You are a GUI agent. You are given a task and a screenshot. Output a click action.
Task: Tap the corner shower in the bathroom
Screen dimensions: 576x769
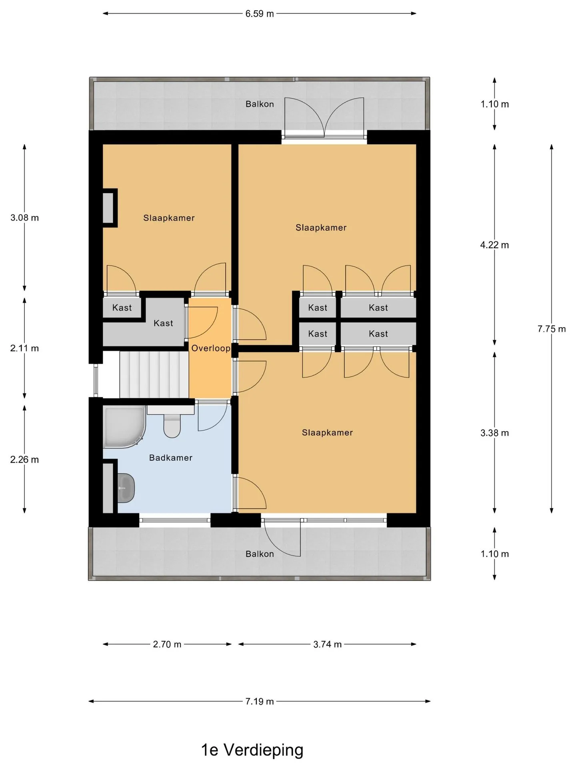tap(124, 427)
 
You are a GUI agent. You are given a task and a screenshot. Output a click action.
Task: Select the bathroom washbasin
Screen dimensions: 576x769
tap(126, 488)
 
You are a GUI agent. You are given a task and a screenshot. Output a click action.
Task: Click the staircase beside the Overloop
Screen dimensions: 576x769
tap(154, 374)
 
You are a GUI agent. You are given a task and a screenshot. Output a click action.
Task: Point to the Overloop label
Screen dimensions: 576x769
tap(211, 348)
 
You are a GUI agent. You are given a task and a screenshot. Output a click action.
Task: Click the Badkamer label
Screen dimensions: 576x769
tap(171, 458)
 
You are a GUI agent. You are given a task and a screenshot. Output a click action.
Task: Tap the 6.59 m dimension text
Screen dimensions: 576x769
tap(260, 14)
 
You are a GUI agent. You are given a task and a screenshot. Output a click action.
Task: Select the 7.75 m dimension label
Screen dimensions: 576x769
tap(552, 329)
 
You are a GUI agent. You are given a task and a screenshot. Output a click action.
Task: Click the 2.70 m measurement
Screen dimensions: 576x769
tap(167, 644)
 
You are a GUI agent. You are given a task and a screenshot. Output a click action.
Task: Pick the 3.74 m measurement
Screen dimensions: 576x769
tap(327, 644)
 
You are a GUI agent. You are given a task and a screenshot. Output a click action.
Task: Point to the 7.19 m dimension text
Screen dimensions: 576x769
tap(260, 701)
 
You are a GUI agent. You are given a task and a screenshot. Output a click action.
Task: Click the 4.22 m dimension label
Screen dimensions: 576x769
tap(494, 245)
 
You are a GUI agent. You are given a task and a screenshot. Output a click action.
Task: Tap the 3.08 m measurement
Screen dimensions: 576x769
tap(24, 218)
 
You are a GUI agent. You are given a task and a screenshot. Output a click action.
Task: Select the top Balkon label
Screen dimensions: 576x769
tap(260, 104)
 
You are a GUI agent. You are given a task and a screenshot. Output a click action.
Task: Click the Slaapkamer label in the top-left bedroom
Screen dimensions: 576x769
tap(169, 218)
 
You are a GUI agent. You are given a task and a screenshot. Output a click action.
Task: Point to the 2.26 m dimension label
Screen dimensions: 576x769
tap(24, 459)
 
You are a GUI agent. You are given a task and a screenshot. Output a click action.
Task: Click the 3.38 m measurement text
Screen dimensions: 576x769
tap(494, 433)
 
